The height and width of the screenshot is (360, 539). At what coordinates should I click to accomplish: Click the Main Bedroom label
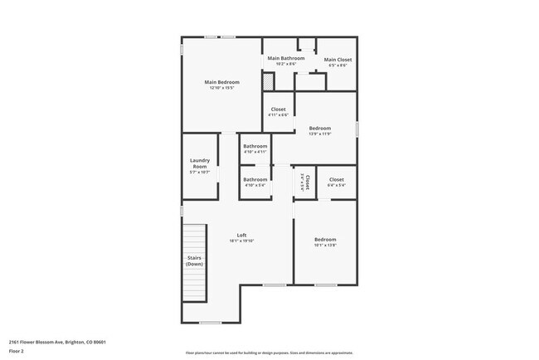(x=222, y=82)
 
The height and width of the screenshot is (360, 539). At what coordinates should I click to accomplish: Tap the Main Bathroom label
(x=285, y=58)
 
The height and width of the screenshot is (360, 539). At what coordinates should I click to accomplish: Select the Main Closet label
(x=337, y=60)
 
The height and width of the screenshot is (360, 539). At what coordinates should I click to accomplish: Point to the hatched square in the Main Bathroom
(x=268, y=81)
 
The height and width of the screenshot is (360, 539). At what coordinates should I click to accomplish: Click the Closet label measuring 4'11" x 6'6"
(x=279, y=109)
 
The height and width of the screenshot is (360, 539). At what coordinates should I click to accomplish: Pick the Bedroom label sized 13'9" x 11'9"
(x=320, y=128)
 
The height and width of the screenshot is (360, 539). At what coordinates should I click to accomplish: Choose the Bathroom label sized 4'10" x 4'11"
(x=255, y=146)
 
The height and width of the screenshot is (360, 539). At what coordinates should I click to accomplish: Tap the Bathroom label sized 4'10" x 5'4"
(x=255, y=179)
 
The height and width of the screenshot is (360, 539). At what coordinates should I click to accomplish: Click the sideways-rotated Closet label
(x=306, y=182)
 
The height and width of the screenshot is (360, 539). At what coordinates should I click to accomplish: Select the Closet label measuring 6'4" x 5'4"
(x=336, y=179)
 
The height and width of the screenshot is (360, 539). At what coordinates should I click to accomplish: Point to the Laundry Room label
(x=199, y=163)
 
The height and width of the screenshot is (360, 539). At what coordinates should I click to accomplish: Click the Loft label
(x=242, y=235)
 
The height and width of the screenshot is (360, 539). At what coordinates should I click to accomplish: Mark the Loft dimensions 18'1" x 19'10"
(x=242, y=241)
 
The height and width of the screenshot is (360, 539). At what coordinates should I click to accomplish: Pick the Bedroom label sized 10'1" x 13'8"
(x=325, y=240)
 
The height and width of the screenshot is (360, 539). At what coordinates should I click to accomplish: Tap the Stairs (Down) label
(x=194, y=260)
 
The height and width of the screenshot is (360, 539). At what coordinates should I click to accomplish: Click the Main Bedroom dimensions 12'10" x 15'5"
(x=222, y=88)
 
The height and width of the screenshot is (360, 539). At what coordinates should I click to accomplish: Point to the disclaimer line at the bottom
(x=269, y=353)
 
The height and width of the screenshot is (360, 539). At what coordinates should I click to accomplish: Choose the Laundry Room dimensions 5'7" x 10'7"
(x=199, y=172)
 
